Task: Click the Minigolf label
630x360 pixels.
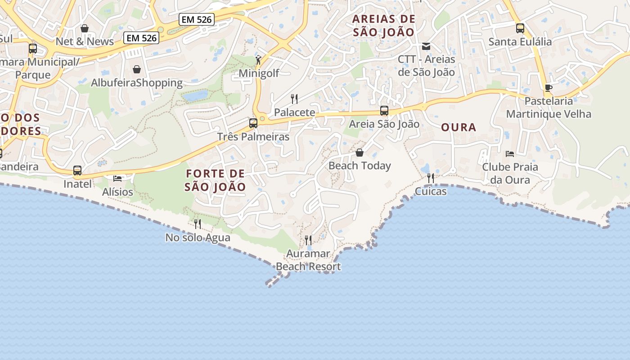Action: coord(259,73)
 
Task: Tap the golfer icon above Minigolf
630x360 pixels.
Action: coord(258,60)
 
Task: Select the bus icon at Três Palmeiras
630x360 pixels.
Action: coord(253,123)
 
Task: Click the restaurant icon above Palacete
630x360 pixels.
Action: coord(294,99)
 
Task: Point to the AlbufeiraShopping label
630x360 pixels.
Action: coord(137,83)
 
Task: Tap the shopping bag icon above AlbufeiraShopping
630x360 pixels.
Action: coord(137,69)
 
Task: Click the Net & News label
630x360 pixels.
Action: coord(85,41)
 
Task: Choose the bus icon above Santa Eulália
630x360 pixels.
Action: coord(520,28)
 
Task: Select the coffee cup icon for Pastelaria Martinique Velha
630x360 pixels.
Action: coord(548,88)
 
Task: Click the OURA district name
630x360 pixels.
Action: coord(459,127)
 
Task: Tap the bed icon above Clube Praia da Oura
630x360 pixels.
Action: coord(510,154)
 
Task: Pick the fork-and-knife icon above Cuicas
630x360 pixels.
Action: coord(431,178)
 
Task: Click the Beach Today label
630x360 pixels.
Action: coord(360,166)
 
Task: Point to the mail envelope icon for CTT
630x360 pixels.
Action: coord(426,46)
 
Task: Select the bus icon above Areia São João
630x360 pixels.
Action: coord(384,111)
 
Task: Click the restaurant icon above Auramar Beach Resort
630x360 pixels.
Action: coord(308,240)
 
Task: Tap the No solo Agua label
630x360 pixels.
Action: coord(198,238)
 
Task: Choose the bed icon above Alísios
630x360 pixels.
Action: coord(117,179)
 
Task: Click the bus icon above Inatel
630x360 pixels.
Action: coord(77,171)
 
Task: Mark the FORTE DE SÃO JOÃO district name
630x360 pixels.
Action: coord(216,180)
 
